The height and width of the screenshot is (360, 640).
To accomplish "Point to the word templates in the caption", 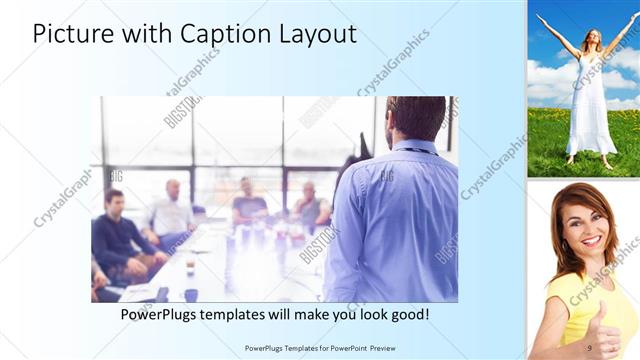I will click(x=247, y=314).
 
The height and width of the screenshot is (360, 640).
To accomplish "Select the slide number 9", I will click(x=589, y=347).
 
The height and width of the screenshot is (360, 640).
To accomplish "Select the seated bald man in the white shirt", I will click(x=172, y=212).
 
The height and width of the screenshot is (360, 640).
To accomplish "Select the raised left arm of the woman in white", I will click(x=555, y=34).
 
